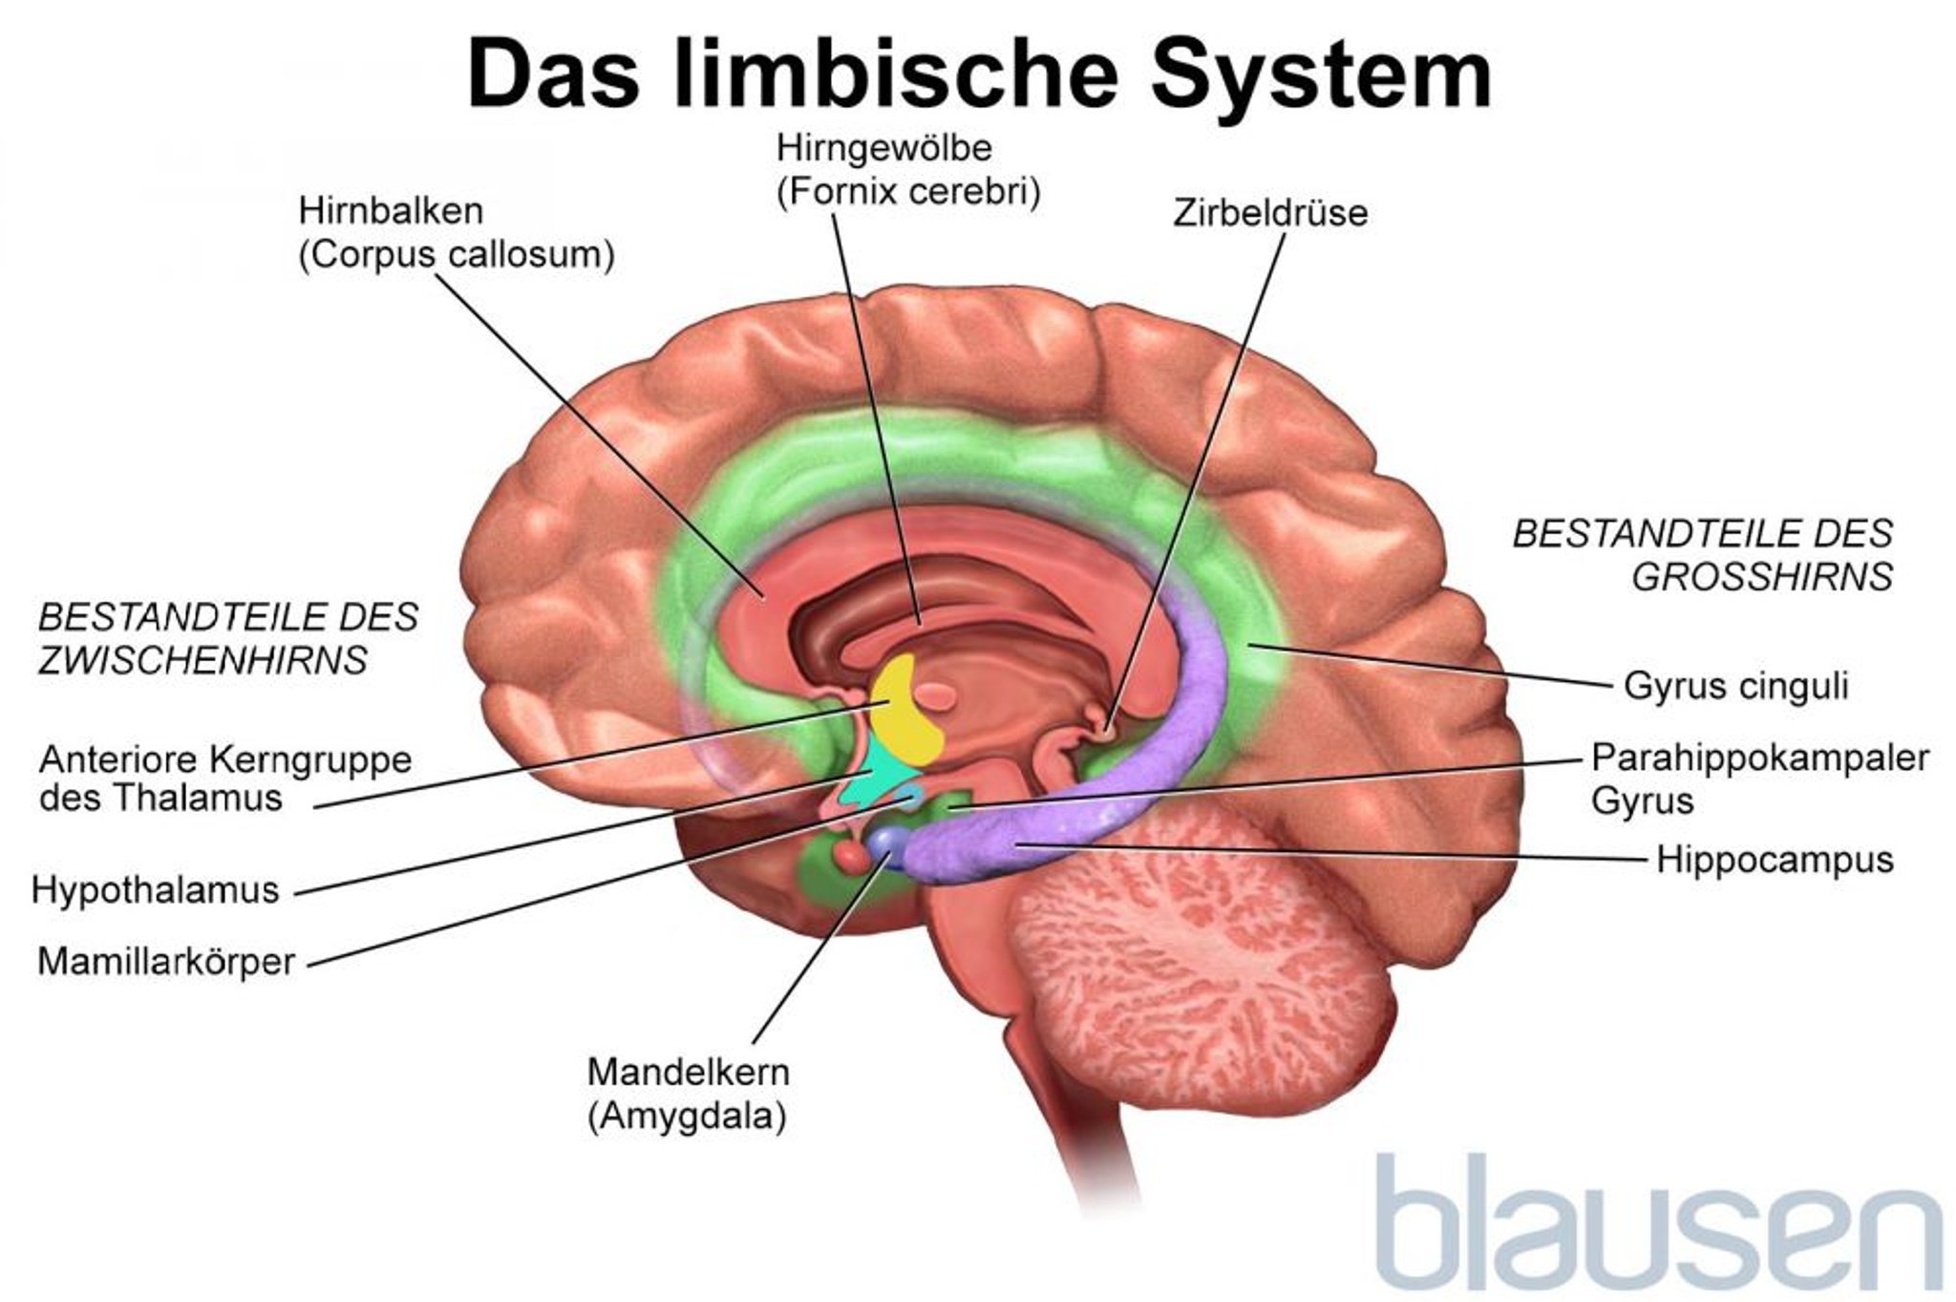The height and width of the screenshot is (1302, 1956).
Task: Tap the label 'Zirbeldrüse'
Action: [x=1269, y=213]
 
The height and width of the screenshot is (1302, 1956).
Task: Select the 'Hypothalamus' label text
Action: [x=156, y=890]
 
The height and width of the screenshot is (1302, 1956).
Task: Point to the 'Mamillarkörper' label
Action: [x=166, y=961]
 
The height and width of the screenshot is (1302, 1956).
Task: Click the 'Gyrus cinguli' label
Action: [x=1735, y=686]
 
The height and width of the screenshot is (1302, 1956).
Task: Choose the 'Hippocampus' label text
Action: [x=1774, y=859]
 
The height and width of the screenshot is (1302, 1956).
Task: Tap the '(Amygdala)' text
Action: [x=687, y=1116]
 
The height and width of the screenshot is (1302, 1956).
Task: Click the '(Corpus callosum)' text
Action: [x=456, y=256]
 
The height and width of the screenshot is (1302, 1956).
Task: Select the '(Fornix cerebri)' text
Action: [x=907, y=192]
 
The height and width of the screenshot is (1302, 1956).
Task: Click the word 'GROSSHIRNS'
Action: [x=1761, y=577]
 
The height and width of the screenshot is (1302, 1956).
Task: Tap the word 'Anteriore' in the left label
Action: [x=117, y=760]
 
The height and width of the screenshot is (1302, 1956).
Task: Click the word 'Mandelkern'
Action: [x=688, y=1072]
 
